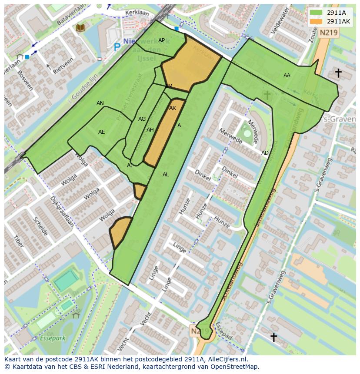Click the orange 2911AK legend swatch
[x=317, y=21]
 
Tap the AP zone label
[x=161, y=40]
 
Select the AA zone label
[x=287, y=76]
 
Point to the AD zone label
[x=265, y=153]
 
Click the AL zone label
[x=166, y=175]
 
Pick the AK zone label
[x=173, y=108]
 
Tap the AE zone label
[x=101, y=132]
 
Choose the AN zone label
[x=100, y=103]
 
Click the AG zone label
[x=142, y=119]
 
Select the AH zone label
[x=150, y=130]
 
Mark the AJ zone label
[x=130, y=165]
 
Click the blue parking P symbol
[x=117, y=46]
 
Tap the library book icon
[x=80, y=28]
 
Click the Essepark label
[x=52, y=338]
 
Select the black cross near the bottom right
[x=273, y=337]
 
